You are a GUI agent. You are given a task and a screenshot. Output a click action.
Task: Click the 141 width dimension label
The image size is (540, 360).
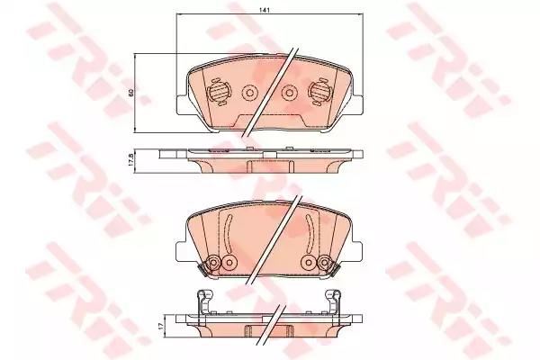(x=265, y=10)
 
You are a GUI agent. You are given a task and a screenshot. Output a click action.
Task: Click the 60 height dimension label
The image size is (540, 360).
(x=130, y=93)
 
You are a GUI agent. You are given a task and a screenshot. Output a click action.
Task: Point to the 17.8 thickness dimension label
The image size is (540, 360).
(x=130, y=161)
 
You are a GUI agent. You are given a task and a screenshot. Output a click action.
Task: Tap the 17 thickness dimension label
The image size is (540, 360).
(x=160, y=327)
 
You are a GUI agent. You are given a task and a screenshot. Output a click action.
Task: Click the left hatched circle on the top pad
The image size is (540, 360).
(x=219, y=92)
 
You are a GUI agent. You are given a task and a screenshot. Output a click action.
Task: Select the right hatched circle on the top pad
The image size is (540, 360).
(x=319, y=92)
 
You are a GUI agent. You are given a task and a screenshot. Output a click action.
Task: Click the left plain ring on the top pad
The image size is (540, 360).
(x=249, y=93)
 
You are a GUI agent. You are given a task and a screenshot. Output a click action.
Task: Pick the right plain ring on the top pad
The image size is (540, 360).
(x=289, y=93)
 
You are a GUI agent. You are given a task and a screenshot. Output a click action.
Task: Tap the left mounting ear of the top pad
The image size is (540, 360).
(x=182, y=104)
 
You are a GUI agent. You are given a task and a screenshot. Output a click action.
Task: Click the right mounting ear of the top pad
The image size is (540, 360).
(x=356, y=104)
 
